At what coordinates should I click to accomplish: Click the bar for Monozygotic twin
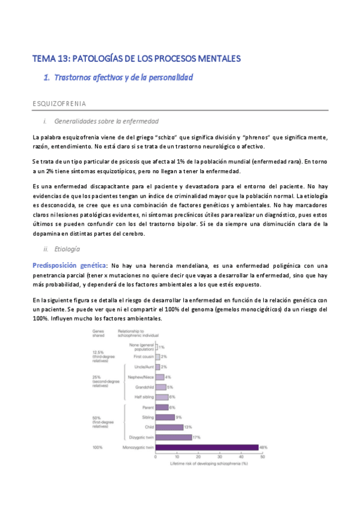coord(207,447)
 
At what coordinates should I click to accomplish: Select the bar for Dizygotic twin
coord(173,437)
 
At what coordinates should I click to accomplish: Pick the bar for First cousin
coord(157,357)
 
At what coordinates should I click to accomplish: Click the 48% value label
coord(263,447)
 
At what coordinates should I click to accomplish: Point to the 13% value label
coord(189,427)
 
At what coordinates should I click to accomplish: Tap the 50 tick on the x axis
coord(263,457)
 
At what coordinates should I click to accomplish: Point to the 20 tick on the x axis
coord(198,457)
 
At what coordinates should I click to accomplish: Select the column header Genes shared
coord(99,333)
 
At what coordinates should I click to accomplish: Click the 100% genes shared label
coord(97,447)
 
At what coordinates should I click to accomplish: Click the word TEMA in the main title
coord(44,58)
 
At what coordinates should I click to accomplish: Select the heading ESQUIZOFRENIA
coord(59,103)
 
